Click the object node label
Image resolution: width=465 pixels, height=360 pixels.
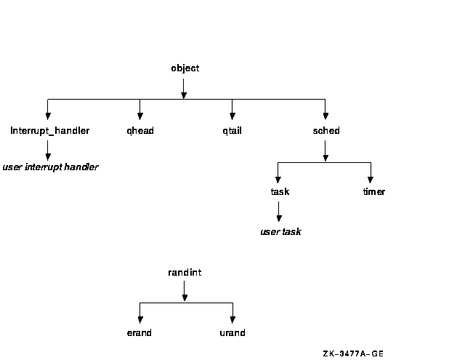pos(185,68)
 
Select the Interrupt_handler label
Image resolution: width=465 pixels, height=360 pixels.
pos(50,131)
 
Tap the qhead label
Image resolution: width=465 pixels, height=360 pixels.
pos(139,131)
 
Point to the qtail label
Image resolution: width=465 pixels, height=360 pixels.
pos(232,131)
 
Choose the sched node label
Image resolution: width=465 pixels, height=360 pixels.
pos(325,131)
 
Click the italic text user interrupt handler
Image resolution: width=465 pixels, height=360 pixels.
pos(50,167)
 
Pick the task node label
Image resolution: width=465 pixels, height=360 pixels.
pos(279,192)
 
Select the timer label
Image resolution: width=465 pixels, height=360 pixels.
pos(373,192)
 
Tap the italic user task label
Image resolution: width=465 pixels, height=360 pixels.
pos(280,232)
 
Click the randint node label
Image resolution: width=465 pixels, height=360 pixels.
pos(185,272)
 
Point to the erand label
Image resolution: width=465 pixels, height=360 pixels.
pos(139,333)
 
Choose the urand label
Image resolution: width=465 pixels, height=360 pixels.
pos(232,333)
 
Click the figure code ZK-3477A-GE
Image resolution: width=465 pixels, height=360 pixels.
pos(353,353)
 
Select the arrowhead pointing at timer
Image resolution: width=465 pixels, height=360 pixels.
pos(371,179)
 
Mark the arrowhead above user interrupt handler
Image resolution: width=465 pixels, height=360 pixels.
pos(48,155)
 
